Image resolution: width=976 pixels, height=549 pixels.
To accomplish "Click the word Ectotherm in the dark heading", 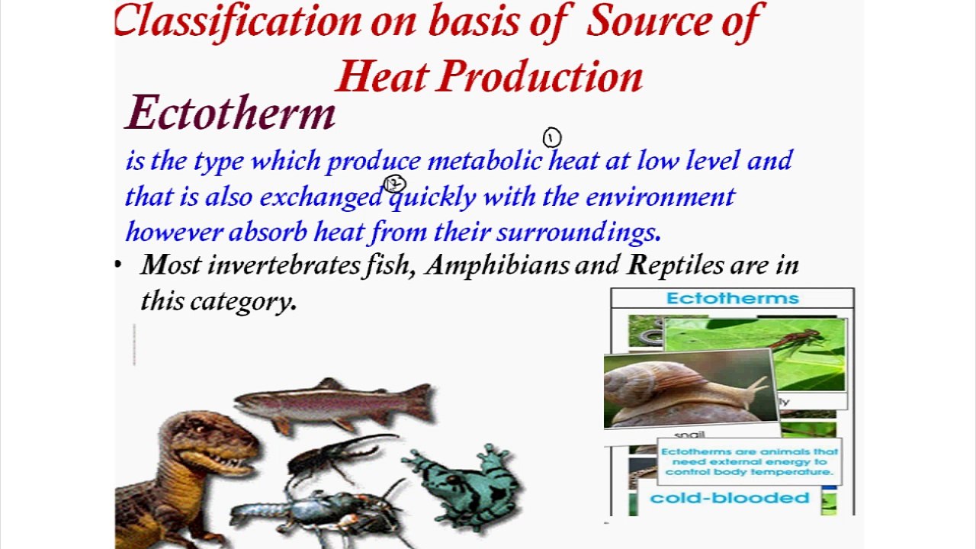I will click(230, 114).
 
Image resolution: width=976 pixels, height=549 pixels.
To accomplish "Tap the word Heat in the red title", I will click(384, 77).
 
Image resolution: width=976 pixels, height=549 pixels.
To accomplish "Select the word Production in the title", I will click(541, 77).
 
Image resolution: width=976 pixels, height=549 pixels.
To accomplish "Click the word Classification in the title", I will click(237, 21).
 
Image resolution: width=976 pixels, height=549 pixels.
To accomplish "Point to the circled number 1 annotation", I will click(552, 137).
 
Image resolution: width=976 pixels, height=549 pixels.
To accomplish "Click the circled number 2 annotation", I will click(394, 184).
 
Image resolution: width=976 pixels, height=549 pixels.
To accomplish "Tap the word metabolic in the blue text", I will click(484, 161).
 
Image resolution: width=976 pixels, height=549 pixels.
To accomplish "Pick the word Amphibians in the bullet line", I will click(497, 265).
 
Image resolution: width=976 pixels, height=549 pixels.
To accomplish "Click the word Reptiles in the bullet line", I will click(675, 265).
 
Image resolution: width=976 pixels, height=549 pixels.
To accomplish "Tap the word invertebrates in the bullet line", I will click(283, 265).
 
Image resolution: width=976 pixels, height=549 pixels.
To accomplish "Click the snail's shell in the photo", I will click(671, 385).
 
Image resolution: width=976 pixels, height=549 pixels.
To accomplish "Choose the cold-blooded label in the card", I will click(730, 499).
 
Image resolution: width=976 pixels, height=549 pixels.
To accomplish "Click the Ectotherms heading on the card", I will click(732, 298).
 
